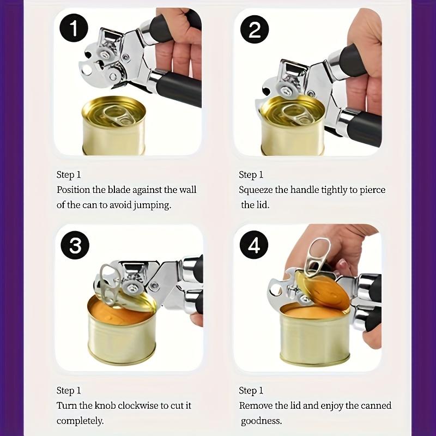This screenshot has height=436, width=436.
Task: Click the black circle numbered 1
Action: click(x=74, y=28)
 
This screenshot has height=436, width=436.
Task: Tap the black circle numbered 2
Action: click(x=255, y=30)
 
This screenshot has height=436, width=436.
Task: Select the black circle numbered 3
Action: click(x=75, y=245)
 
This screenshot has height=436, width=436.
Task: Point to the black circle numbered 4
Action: click(x=254, y=245)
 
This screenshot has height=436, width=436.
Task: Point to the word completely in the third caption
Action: click(x=80, y=421)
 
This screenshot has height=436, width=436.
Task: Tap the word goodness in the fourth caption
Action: click(x=261, y=421)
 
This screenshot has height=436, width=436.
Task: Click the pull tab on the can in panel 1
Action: click(x=117, y=114)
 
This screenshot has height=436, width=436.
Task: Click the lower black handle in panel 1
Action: click(x=178, y=88)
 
